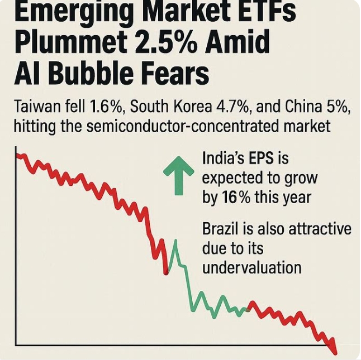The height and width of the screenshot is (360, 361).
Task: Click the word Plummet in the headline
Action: click(67, 44)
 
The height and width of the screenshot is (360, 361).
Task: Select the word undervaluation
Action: click(251, 267)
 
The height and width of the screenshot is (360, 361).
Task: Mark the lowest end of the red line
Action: click(335, 352)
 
